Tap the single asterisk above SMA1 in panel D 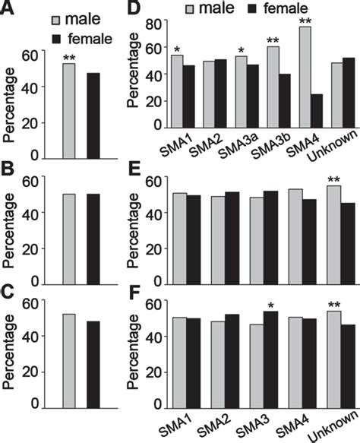176,49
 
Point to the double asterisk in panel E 333,180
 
